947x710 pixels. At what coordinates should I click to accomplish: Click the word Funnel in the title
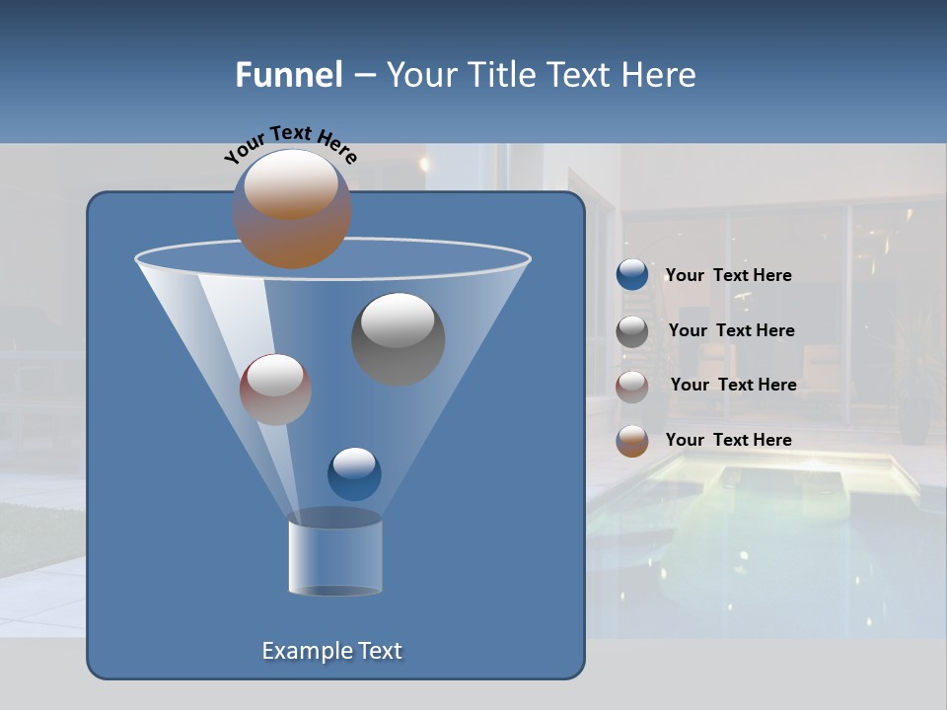pos(288,75)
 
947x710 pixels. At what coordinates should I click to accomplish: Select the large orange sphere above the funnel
pos(292,209)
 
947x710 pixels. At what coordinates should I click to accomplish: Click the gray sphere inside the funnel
pos(399,339)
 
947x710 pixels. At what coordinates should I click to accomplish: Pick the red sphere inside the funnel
pos(275,390)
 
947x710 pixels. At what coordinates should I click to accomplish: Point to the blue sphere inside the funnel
pos(354,473)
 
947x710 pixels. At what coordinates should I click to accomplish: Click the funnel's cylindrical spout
pos(334,557)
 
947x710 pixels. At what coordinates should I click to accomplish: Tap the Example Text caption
pos(331,651)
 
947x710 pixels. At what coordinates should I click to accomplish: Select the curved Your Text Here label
pos(290,144)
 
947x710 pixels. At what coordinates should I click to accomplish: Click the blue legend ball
pos(632,275)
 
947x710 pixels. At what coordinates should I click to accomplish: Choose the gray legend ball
pos(632,331)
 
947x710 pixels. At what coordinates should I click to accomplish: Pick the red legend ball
pos(632,386)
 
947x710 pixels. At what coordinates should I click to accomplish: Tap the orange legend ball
pos(632,441)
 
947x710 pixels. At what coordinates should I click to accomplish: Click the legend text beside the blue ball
pos(728,276)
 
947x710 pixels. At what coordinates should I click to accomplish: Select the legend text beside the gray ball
pos(731,331)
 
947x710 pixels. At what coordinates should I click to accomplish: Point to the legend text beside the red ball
pos(733,386)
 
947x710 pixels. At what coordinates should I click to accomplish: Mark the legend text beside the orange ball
pos(728,441)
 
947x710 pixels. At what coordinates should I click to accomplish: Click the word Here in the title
pos(660,75)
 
